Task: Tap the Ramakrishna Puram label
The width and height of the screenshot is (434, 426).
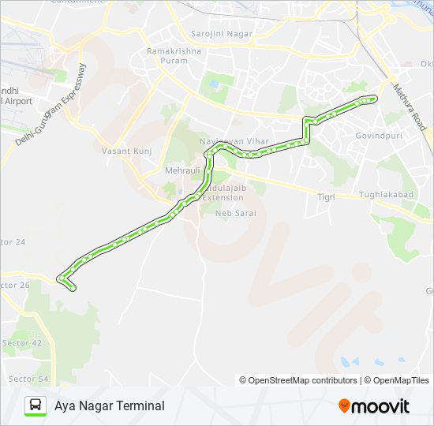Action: click(174, 55)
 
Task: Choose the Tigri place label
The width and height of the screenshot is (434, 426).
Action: click(326, 196)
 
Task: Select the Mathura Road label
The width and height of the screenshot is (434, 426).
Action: click(410, 107)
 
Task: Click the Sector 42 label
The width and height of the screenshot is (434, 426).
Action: click(21, 342)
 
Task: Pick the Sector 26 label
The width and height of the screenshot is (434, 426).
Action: click(15, 285)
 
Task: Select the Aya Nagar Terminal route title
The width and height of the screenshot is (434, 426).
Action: click(110, 405)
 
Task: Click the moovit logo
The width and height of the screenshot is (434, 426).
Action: click(374, 405)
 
